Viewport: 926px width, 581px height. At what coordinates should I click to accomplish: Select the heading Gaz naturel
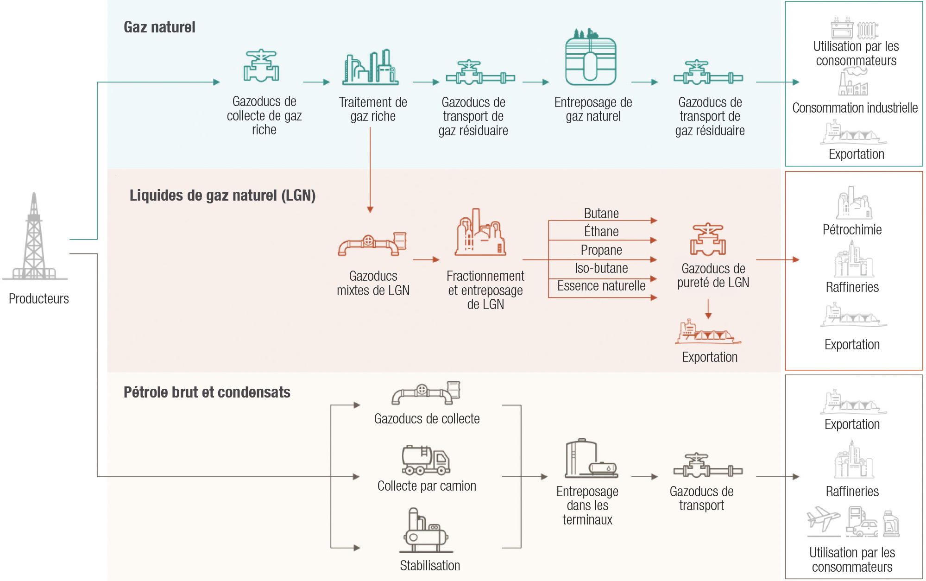159,27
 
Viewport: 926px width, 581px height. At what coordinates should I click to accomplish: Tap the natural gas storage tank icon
591,58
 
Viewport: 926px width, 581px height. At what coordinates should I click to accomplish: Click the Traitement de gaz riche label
373,109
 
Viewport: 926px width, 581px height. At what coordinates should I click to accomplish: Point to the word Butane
601,214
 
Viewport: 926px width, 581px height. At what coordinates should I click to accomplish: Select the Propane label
601,250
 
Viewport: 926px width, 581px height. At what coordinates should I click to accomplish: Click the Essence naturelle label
601,286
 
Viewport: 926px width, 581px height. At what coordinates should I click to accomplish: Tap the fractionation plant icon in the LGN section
480,233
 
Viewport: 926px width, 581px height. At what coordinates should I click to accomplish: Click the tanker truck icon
426,460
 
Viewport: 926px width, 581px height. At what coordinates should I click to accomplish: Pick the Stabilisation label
430,566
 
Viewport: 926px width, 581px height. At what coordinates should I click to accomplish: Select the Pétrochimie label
852,230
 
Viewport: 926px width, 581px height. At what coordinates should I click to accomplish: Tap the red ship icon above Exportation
707,333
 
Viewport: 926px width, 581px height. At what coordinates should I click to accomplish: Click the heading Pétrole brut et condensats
207,392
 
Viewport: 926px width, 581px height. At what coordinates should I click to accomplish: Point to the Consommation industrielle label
855,108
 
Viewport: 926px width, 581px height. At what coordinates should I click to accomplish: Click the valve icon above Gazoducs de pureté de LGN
708,240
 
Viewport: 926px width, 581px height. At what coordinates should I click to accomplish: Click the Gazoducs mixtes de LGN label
373,283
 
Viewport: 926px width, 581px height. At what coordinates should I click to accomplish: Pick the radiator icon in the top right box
867,30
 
